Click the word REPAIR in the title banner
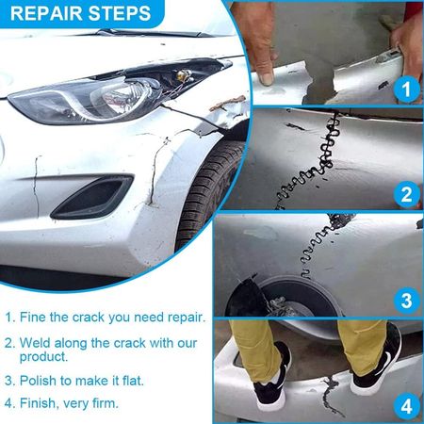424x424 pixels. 46,13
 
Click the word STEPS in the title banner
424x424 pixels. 120,13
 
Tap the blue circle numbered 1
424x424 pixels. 406,89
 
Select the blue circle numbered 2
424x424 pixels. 406,194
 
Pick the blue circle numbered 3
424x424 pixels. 406,300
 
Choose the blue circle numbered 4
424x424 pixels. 406,406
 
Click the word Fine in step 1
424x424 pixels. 33,318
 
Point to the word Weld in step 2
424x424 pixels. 35,343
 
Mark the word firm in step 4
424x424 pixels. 106,403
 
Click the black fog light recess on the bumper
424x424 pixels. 92,197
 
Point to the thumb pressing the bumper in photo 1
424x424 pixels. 266,71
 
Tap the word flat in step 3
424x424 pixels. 133,381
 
